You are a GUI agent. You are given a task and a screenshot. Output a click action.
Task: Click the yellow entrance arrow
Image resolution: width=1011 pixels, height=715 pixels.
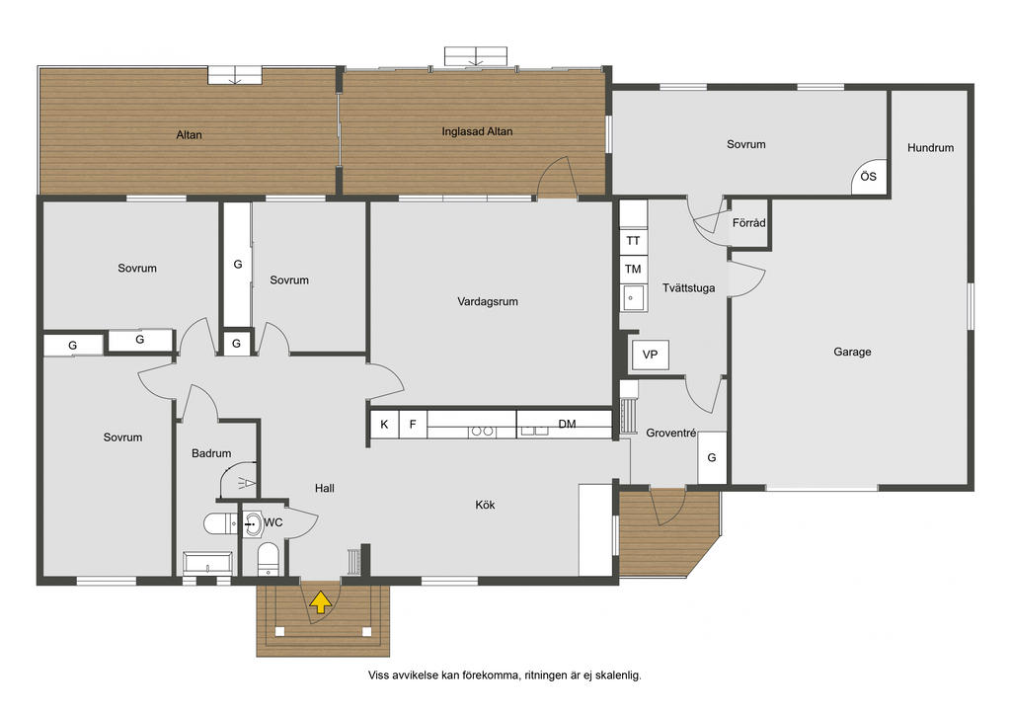[x=321, y=602]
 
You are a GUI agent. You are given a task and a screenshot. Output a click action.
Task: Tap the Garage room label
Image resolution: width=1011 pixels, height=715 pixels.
[x=852, y=352]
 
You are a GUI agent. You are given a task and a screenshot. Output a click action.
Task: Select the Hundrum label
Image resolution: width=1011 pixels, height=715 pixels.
[x=930, y=148]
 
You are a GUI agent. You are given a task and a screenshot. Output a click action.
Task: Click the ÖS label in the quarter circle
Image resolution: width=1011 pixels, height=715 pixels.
[x=868, y=176]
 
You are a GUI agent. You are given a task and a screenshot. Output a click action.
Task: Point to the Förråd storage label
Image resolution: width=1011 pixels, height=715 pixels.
[x=748, y=223]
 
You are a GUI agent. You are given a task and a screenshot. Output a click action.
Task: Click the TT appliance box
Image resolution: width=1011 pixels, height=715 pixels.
[x=633, y=241]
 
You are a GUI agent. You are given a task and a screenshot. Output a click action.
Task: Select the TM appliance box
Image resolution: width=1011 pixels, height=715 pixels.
[x=633, y=269]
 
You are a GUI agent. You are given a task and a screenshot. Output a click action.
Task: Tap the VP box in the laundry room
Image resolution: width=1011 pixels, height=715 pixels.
[x=650, y=355]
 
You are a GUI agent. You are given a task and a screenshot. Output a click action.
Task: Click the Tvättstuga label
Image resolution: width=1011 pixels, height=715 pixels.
[x=688, y=288]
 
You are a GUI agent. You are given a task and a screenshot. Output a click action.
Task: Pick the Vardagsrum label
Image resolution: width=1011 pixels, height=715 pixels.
[x=488, y=301]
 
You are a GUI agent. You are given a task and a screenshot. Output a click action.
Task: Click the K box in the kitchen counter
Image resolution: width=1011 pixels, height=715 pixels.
[x=384, y=425]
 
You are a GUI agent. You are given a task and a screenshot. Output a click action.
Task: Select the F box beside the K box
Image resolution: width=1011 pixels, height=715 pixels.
[x=413, y=425]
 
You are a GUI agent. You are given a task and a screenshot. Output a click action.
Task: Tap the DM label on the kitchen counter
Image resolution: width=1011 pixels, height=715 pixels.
[x=567, y=424]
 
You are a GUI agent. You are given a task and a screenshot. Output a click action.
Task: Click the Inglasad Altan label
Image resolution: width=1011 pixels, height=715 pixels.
[x=477, y=131]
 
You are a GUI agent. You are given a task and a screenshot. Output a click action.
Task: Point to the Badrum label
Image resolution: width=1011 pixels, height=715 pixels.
[x=211, y=453]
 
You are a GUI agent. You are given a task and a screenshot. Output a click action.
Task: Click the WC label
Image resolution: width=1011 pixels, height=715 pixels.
[x=273, y=522]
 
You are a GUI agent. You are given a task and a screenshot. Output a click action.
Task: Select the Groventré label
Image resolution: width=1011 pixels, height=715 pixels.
[x=670, y=434]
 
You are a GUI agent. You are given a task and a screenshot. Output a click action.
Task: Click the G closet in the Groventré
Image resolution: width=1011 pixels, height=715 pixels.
[x=712, y=457]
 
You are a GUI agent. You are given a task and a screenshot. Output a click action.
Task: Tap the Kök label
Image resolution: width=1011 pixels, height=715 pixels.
[x=485, y=505]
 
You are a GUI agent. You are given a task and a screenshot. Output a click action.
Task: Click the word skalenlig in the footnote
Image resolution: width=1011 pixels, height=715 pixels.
[x=618, y=675]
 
